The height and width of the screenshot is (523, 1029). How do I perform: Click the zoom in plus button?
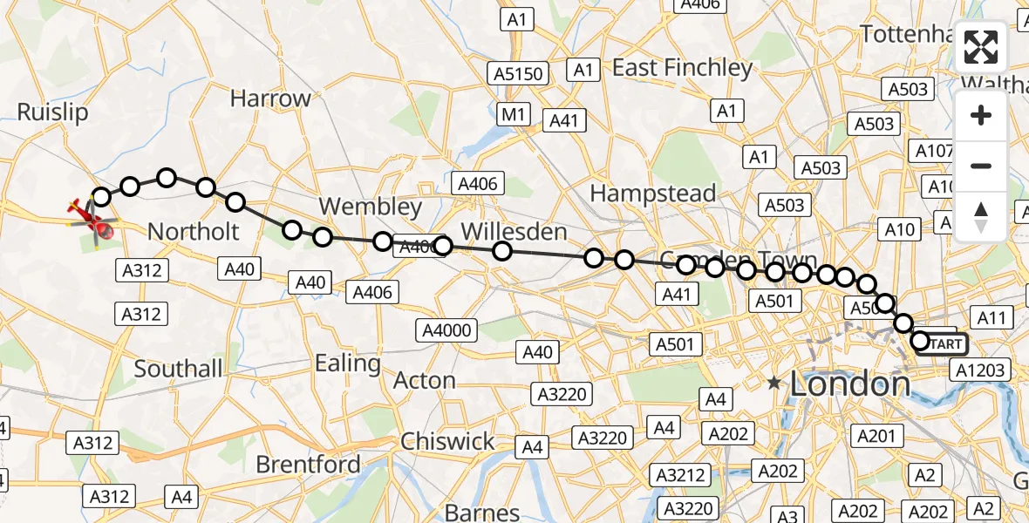pyautogui.click(x=981, y=116)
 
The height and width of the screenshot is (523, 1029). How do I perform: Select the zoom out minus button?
pyautogui.click(x=981, y=166)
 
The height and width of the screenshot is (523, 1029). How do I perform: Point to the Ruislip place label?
pyautogui.click(x=52, y=112)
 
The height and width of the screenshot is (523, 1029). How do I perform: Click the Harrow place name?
pyautogui.click(x=270, y=98)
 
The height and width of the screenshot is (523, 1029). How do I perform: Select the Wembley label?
pyautogui.click(x=371, y=207)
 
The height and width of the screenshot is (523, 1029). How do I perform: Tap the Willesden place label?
pyautogui.click(x=514, y=232)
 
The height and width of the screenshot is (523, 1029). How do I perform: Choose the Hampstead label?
pyautogui.click(x=653, y=193)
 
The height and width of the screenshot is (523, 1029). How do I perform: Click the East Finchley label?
pyautogui.click(x=682, y=67)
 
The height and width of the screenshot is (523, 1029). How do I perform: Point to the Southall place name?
pyautogui.click(x=179, y=369)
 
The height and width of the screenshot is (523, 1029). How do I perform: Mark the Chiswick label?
pyautogui.click(x=447, y=441)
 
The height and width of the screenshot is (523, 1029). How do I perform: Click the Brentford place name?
pyautogui.click(x=310, y=464)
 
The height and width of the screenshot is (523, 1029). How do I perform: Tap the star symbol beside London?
pyautogui.click(x=773, y=383)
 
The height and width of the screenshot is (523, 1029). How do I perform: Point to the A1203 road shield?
pyautogui.click(x=981, y=370)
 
